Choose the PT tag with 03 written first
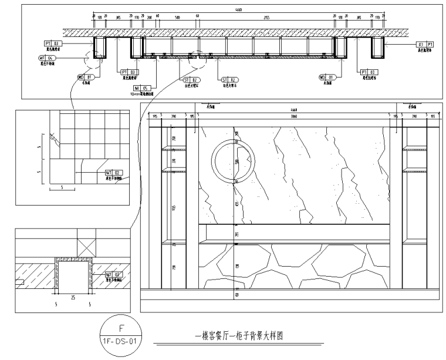425,45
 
